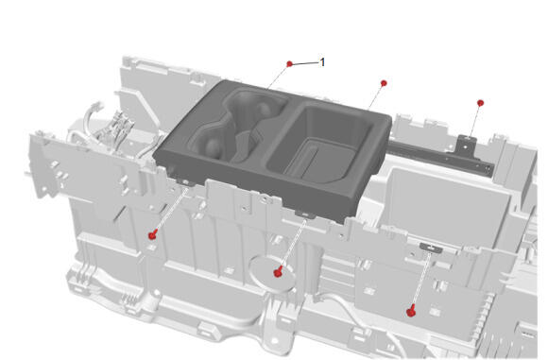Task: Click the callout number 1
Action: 322,62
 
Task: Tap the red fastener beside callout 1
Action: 289,63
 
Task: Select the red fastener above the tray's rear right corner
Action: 384,83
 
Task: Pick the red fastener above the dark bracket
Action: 480,103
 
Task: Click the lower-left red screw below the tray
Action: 152,235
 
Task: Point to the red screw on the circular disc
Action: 278,271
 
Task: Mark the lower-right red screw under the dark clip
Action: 411,311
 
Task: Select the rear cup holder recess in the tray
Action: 252,105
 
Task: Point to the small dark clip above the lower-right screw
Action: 431,248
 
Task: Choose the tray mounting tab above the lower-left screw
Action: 184,181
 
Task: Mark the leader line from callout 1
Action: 305,63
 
